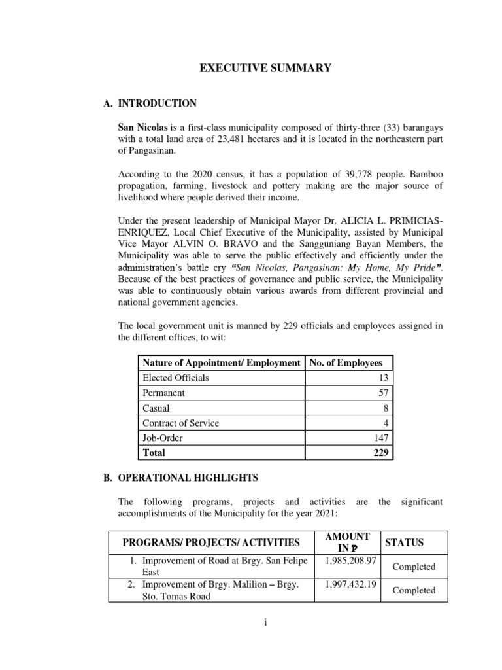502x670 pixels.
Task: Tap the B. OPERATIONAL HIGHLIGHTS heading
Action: (x=176, y=477)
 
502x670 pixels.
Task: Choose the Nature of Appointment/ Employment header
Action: (x=221, y=362)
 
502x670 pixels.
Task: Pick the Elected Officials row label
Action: (x=176, y=378)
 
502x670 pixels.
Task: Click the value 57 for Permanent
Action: (x=383, y=393)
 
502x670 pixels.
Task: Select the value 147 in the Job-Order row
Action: (x=380, y=438)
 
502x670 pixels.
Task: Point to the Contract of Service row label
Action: (x=180, y=423)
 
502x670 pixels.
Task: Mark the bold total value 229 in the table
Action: (x=380, y=453)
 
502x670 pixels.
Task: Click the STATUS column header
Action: (x=404, y=542)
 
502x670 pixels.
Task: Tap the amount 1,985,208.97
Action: (x=346, y=560)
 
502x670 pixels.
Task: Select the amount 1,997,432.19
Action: (x=346, y=584)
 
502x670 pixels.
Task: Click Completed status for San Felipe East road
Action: (x=414, y=567)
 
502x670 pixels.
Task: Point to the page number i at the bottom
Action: (x=265, y=623)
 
